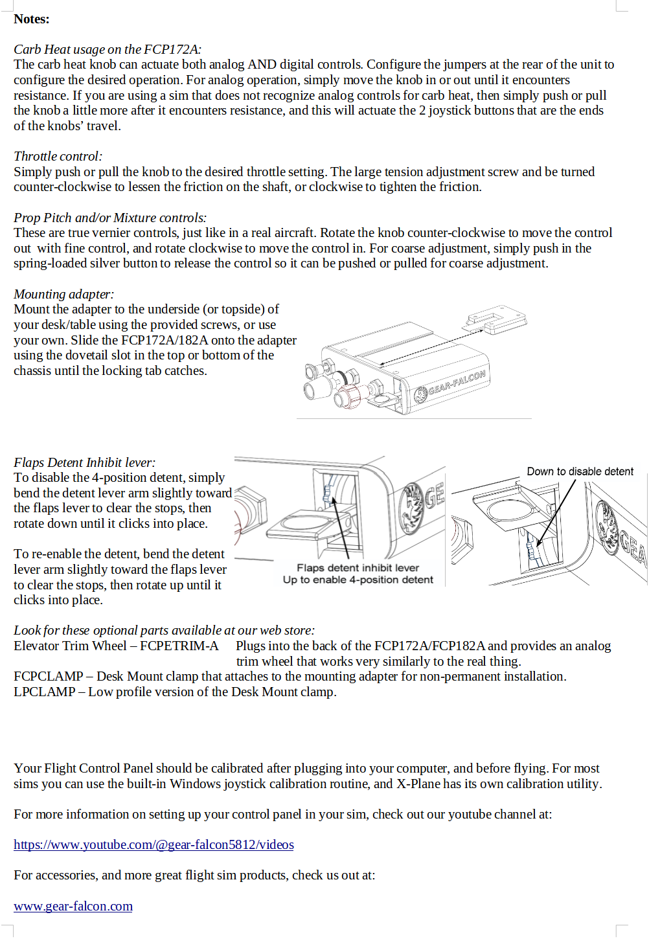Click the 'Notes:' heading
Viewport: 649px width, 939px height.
tap(31, 19)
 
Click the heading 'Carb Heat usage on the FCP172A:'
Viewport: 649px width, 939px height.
tap(107, 49)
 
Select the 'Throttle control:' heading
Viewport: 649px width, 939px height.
tap(58, 156)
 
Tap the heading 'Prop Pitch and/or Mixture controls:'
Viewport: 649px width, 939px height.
tap(110, 218)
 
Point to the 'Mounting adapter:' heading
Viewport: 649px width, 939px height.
tap(63, 294)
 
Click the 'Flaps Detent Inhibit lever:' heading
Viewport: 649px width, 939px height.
tap(84, 462)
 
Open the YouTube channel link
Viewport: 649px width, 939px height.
tap(154, 844)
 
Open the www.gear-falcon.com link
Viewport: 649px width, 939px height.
tap(73, 906)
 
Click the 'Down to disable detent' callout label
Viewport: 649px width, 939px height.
tap(580, 471)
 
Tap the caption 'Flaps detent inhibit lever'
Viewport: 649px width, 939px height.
tap(358, 568)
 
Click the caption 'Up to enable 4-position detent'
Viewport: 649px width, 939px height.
tap(358, 580)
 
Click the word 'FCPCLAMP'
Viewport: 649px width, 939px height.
tap(48, 676)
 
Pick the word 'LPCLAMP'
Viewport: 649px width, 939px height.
tap(44, 692)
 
